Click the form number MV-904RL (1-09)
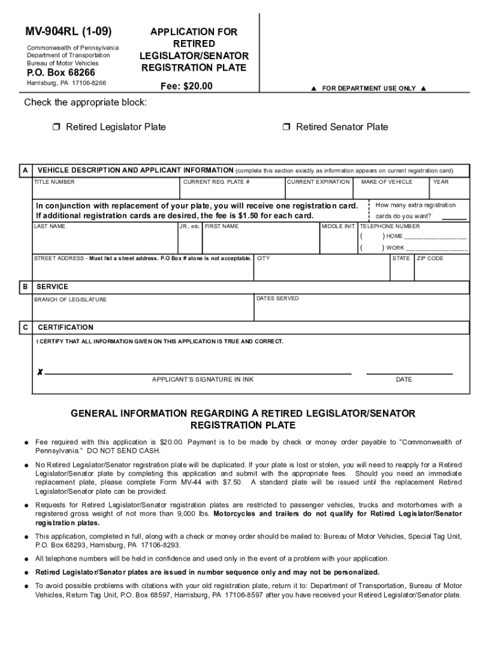(x=68, y=31)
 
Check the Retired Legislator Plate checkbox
(x=57, y=127)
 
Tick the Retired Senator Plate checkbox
(x=287, y=127)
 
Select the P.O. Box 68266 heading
(x=61, y=72)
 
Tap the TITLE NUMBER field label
(x=54, y=182)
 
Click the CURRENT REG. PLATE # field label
(x=216, y=182)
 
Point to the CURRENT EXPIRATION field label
(x=319, y=182)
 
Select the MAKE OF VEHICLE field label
(x=386, y=182)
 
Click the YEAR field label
(x=441, y=182)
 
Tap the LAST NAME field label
(x=50, y=226)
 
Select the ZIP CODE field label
(x=430, y=259)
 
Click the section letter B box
(x=25, y=287)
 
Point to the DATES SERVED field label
(x=278, y=298)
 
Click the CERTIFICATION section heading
(x=65, y=327)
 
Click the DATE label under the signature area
(x=404, y=380)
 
